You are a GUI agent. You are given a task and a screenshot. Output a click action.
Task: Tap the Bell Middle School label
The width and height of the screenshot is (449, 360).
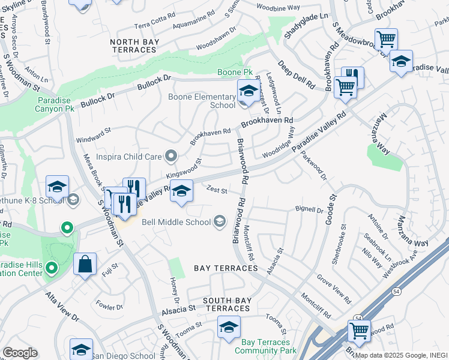pyautogui.click(x=176, y=222)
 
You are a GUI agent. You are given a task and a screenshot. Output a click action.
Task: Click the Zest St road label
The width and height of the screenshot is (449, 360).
pyautogui.click(x=216, y=191)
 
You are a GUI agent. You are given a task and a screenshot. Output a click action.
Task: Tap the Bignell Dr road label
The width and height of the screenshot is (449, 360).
pyautogui.click(x=309, y=209)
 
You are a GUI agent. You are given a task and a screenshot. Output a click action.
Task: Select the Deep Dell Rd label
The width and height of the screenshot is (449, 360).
pyautogui.click(x=296, y=75)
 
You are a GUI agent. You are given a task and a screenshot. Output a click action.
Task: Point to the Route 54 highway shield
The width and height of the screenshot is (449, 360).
pyautogui.click(x=358, y=318)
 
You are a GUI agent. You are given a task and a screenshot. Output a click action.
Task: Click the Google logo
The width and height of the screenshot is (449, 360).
pyautogui.click(x=20, y=353)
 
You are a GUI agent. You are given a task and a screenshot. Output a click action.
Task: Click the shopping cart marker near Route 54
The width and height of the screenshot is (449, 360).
pyautogui.click(x=359, y=329)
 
